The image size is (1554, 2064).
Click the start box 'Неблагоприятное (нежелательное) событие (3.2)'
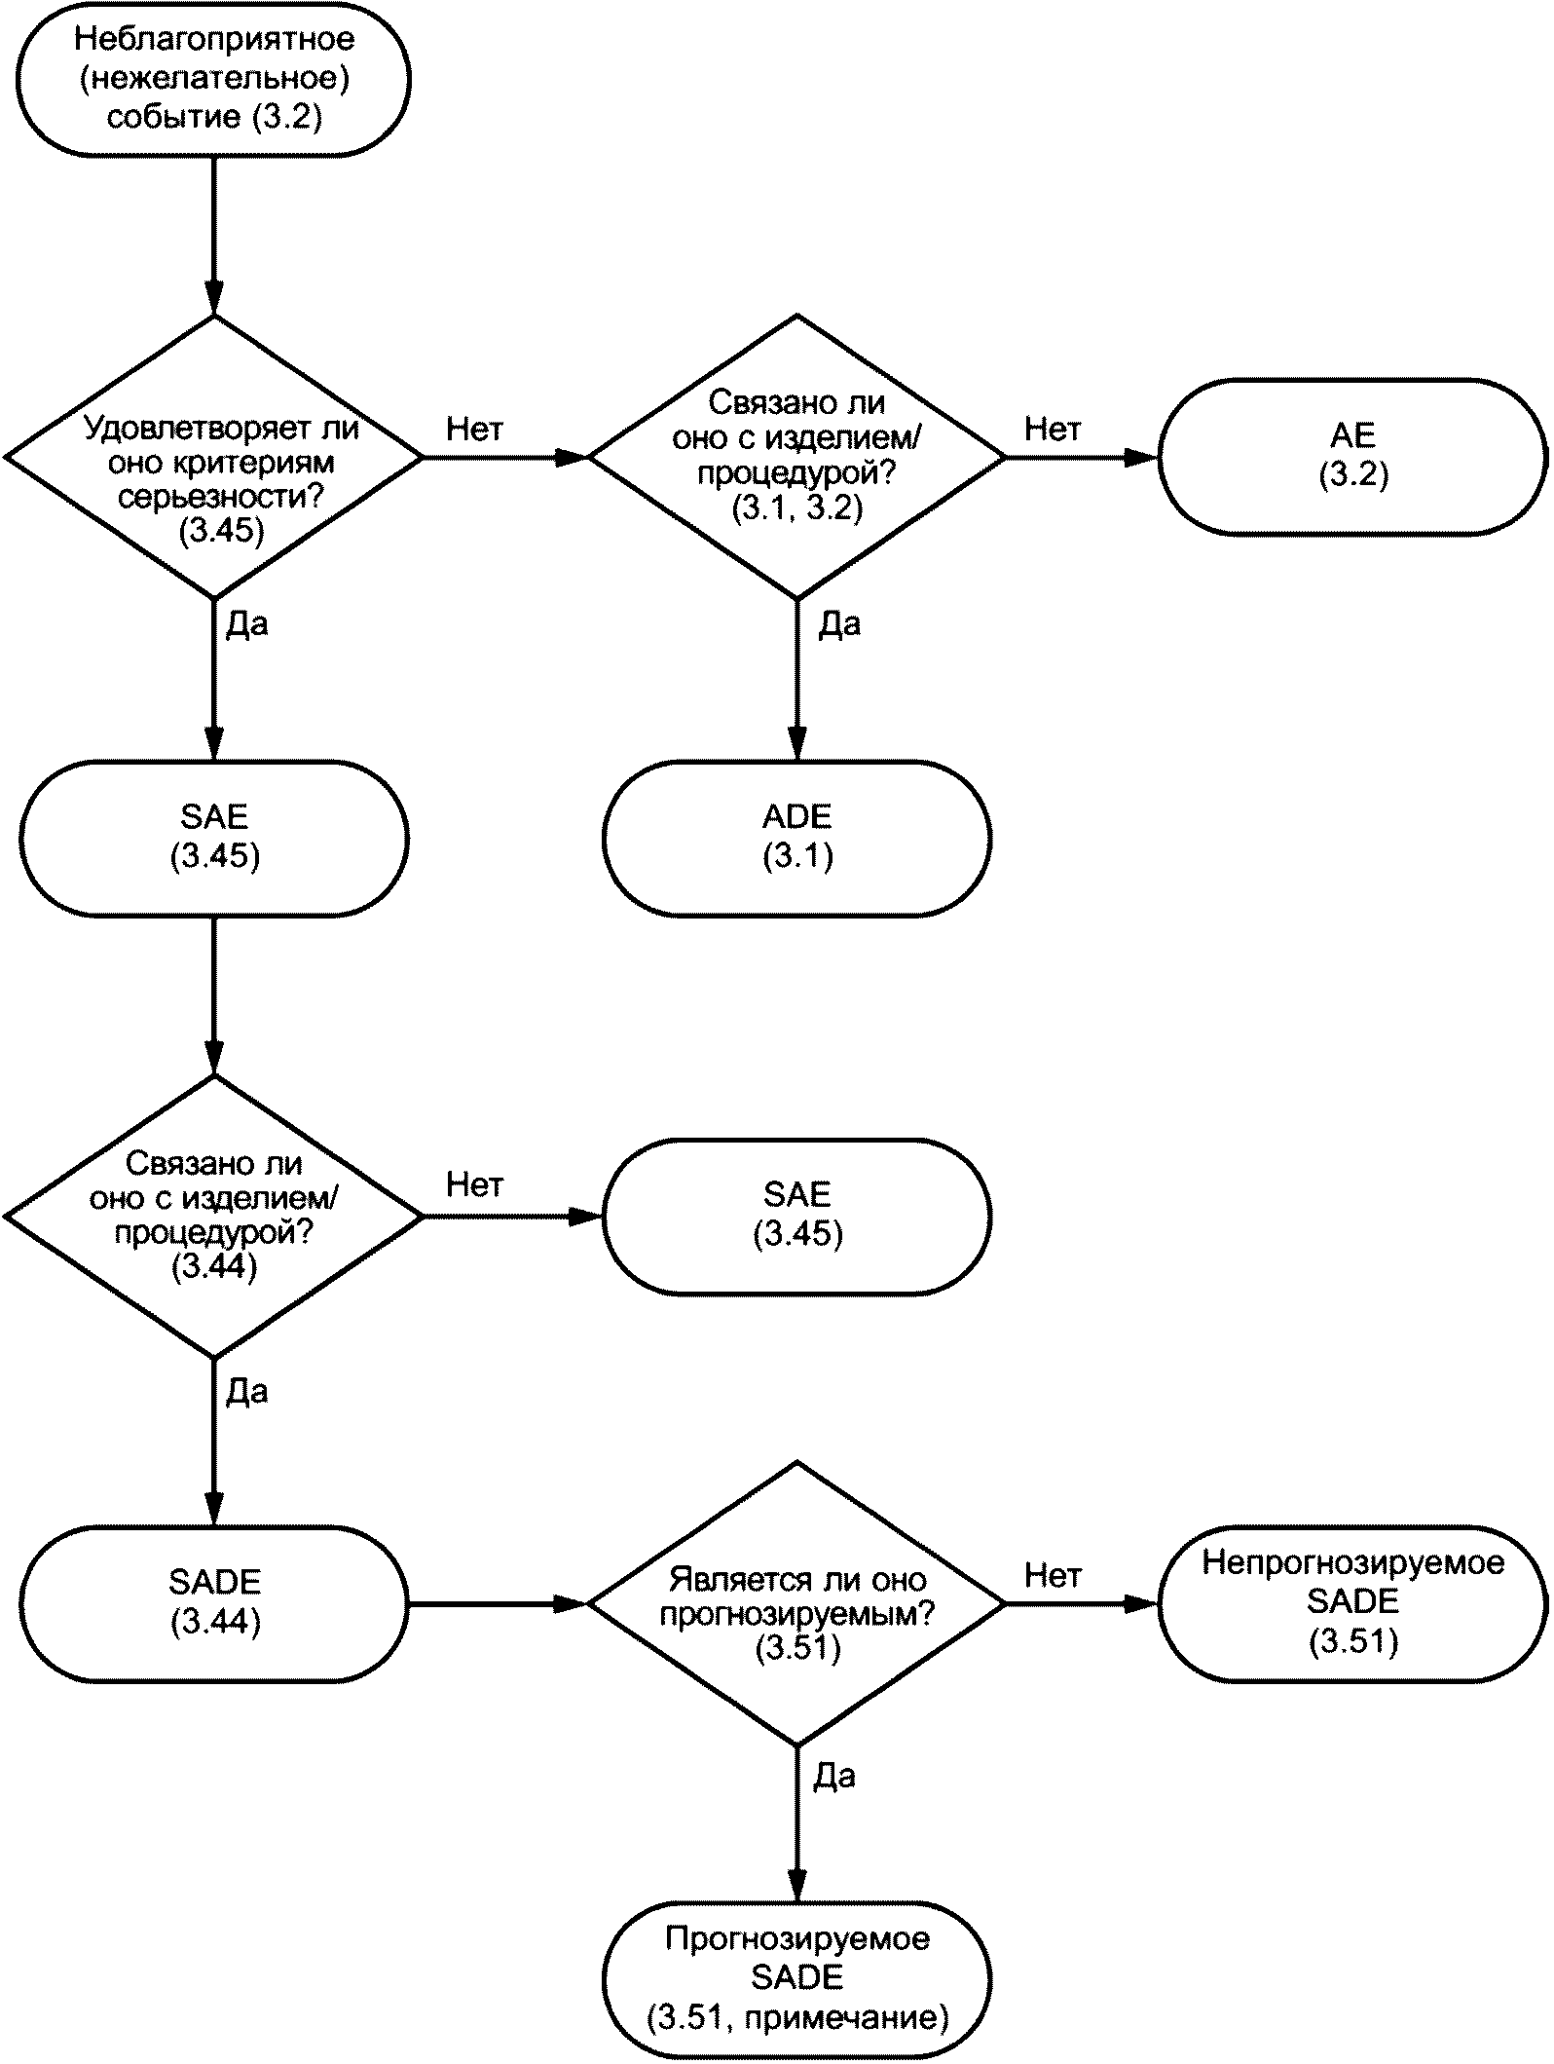pos(214,78)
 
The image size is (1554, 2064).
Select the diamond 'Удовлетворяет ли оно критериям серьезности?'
pos(214,456)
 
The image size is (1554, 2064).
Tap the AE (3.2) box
pos(1352,456)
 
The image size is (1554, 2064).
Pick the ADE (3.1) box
pos(797,838)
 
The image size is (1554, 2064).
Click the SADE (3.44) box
pos(214,1602)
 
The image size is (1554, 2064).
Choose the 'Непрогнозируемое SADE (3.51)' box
pos(1352,1602)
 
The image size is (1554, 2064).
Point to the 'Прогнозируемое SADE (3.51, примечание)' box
pos(797,1980)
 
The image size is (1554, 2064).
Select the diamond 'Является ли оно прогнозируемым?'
pos(797,1602)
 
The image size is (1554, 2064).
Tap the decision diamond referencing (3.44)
pos(214,1216)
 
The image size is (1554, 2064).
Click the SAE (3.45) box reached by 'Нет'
pos(797,1216)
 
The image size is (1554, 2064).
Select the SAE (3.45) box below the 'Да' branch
pos(214,838)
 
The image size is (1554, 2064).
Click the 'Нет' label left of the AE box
pos(1053,429)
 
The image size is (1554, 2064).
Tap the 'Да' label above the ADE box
pos(839,623)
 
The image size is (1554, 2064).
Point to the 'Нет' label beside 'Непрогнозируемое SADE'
pos(1053,1575)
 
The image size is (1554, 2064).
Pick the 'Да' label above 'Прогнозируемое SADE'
pos(834,1776)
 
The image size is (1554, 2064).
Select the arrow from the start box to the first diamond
pos(214,235)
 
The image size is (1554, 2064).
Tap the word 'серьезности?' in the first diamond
pos(221,496)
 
